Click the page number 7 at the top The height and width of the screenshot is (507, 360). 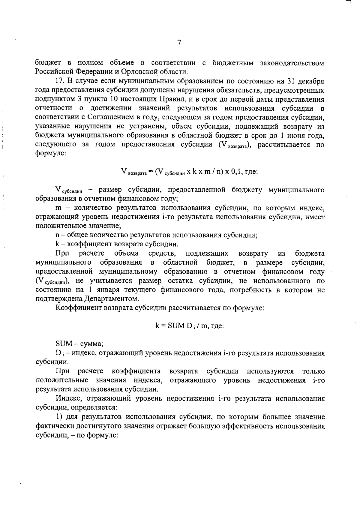(x=179, y=43)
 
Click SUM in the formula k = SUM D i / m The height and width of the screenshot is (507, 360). (x=174, y=326)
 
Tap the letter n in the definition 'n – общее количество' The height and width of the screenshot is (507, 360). (x=57, y=235)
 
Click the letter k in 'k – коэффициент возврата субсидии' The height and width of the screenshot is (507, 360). (x=57, y=244)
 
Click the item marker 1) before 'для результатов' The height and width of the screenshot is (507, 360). (x=59, y=417)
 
